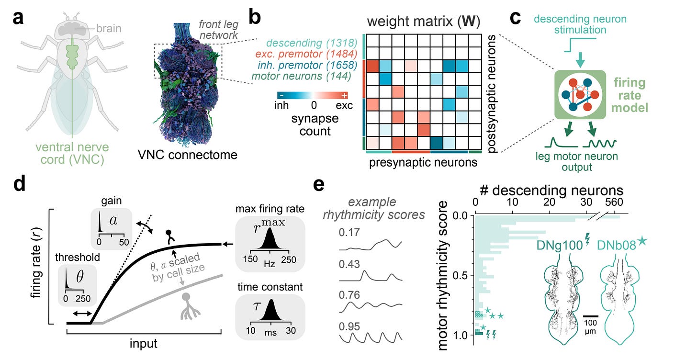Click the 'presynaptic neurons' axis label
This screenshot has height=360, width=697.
423,162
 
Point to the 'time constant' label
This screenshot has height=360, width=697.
270,287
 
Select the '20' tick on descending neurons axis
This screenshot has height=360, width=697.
550,202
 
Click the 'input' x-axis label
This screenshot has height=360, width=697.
144,344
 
